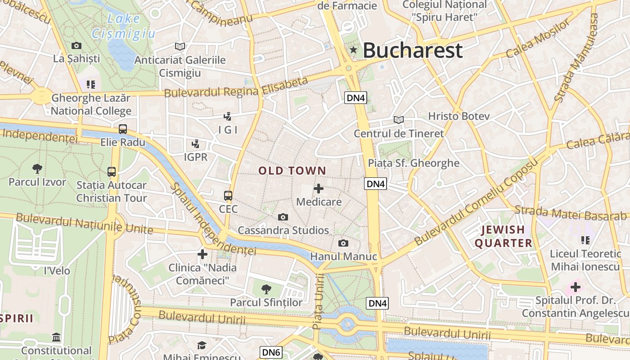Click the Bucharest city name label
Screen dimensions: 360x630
tap(412, 50)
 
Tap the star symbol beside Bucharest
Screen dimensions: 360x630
tap(354, 49)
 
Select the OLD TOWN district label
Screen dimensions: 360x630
tap(292, 171)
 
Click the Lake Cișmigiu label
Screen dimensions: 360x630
tap(123, 27)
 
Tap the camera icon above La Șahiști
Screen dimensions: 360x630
tap(76, 45)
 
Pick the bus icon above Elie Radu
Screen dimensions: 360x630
tap(122, 130)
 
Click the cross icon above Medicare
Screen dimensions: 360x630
tap(319, 189)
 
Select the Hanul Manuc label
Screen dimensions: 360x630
tap(344, 256)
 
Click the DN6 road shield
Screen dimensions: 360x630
tap(271, 352)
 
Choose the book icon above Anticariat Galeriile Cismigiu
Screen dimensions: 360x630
tap(180, 46)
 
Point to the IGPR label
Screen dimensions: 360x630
tap(196, 157)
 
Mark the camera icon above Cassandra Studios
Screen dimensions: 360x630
tap(283, 217)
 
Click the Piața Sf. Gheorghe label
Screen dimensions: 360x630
tap(414, 163)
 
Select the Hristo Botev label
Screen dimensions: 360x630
tap(459, 116)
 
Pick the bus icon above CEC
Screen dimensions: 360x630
tap(228, 196)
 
